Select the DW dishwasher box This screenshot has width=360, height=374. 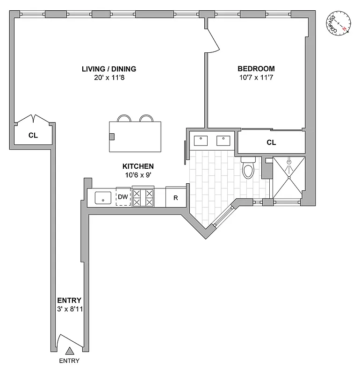coord(122,197)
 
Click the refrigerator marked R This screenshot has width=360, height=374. coord(176,197)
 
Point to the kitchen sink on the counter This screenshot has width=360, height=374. coord(102,198)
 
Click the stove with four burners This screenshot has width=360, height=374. coord(143,197)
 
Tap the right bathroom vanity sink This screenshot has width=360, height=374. coord(223,140)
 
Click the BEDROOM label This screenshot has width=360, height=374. coord(256,69)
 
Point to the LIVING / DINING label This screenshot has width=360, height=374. coord(109,69)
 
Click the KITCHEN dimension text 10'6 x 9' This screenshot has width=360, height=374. coord(138,175)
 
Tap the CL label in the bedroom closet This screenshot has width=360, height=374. coord(271,143)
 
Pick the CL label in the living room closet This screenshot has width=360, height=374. coord(33,136)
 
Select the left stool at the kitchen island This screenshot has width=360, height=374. coord(123,118)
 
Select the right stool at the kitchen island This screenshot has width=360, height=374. coord(146,118)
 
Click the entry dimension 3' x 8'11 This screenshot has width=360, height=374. coord(69,309)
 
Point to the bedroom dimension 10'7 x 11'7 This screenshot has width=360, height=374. coord(256,78)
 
